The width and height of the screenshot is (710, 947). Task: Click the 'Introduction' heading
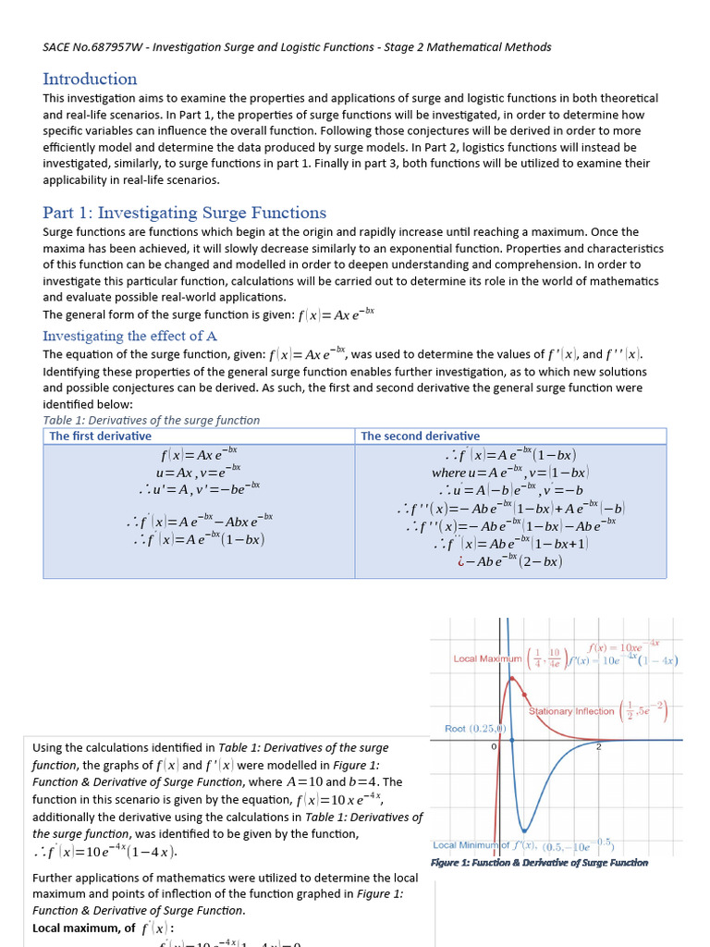[x=90, y=79]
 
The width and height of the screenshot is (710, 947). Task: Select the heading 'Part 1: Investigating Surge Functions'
[x=184, y=213]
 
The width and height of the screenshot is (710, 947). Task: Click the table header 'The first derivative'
[x=100, y=436]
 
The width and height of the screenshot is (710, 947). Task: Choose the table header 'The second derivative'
[x=420, y=436]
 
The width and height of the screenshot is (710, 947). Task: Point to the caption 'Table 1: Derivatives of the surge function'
[x=152, y=420]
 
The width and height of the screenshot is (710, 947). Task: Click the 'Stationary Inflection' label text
[x=571, y=711]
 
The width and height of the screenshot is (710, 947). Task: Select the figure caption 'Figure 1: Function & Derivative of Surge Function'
[x=539, y=862]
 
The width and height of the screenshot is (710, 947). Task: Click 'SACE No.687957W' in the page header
[x=88, y=46]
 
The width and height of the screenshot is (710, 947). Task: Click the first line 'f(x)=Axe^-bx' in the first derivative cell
[x=199, y=455]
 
